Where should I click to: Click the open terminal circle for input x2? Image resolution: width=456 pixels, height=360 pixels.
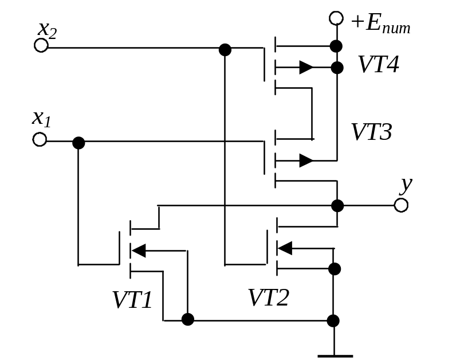(x=41, y=46)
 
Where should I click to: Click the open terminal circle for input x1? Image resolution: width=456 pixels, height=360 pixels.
(x=40, y=140)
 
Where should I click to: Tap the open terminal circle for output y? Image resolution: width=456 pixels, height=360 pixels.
(x=402, y=205)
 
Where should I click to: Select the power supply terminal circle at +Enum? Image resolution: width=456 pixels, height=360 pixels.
(x=336, y=18)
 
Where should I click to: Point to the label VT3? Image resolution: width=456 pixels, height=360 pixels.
(x=371, y=132)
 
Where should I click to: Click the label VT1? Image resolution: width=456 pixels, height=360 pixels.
(x=132, y=300)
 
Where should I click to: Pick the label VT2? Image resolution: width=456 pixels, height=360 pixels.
(x=269, y=298)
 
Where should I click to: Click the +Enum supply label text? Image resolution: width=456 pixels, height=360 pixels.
(x=381, y=24)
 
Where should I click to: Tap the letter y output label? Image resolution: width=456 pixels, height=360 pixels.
(x=406, y=185)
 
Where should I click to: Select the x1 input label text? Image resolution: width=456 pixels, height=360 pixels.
(x=41, y=119)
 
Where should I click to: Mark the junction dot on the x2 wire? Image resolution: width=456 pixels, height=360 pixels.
(x=225, y=50)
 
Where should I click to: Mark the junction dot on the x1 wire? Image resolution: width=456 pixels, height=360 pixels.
(x=79, y=142)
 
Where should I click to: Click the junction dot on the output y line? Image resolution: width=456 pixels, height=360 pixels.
(x=337, y=205)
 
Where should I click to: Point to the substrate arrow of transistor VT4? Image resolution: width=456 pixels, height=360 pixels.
(x=306, y=68)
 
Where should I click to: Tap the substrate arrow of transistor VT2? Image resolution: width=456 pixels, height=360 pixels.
(x=285, y=248)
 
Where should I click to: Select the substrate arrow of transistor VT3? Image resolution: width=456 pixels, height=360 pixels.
(x=306, y=160)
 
